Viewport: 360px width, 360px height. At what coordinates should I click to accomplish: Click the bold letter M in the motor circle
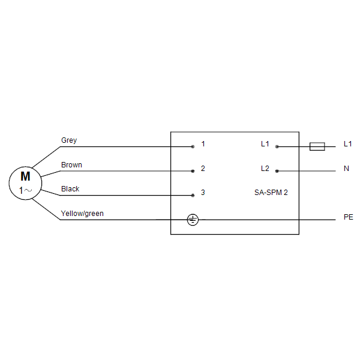[25, 176]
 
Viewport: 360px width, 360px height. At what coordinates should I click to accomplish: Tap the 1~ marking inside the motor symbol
[25, 190]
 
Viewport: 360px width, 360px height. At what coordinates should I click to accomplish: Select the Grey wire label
[69, 140]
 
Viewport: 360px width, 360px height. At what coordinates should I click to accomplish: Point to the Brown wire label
[71, 165]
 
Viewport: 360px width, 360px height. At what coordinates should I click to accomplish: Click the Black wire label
[70, 189]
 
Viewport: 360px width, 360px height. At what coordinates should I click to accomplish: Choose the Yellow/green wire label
[82, 214]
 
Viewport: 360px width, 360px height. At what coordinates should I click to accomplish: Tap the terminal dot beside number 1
[193, 147]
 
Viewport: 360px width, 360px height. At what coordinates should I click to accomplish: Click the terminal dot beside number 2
[193, 171]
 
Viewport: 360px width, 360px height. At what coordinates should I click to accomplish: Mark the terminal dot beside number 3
[193, 196]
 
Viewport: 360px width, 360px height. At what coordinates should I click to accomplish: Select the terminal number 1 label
[203, 144]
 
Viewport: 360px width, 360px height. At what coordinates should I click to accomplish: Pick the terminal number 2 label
[203, 168]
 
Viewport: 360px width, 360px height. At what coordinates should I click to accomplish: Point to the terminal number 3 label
[203, 193]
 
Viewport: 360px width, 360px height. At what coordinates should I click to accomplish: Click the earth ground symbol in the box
[193, 220]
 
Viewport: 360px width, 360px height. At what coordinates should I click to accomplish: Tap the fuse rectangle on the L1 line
[317, 146]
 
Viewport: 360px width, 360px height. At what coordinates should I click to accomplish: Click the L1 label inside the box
[265, 144]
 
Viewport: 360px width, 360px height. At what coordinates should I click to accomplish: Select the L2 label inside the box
[265, 168]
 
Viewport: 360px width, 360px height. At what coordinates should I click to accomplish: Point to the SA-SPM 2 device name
[271, 193]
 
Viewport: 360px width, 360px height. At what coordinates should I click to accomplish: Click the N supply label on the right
[346, 169]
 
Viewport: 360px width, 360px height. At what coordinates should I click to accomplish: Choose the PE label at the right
[348, 217]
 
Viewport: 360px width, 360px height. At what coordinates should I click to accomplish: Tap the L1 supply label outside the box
[347, 144]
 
